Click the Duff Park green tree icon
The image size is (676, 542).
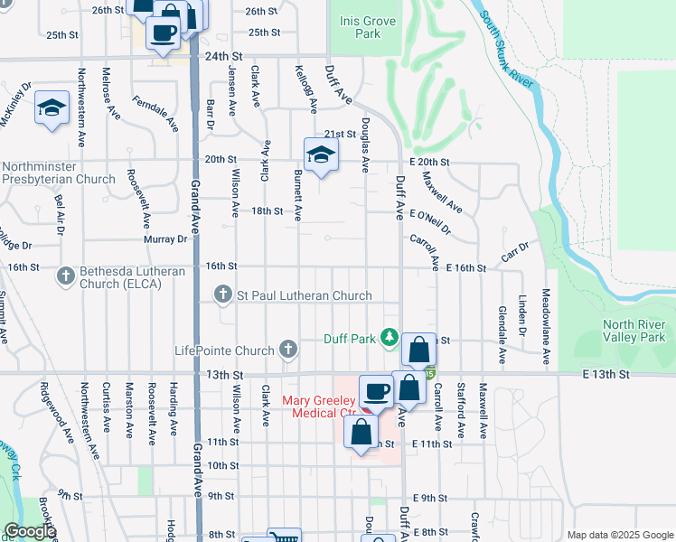tap(390, 337)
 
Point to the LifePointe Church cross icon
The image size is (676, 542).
tap(288, 349)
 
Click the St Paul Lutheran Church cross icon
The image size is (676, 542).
tap(223, 294)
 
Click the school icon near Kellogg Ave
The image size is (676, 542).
tap(320, 154)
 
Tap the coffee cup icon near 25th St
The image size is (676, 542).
tap(163, 33)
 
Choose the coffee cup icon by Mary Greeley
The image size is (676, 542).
tap(376, 391)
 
